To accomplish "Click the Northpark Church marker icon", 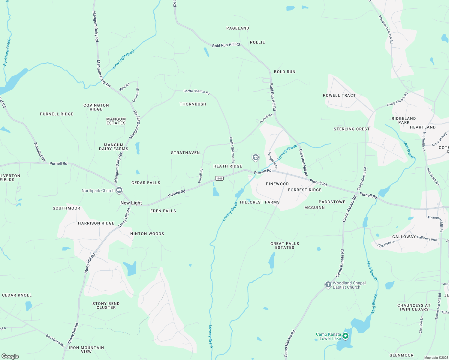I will [x=119, y=190].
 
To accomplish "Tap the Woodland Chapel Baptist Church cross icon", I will [x=328, y=284].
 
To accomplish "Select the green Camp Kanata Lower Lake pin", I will [x=345, y=336].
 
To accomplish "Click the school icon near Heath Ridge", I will [x=255, y=157].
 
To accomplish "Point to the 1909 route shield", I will [x=219, y=178].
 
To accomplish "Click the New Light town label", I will [x=131, y=203].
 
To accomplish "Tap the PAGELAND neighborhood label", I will [x=238, y=28].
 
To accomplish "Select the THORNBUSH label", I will [x=193, y=104].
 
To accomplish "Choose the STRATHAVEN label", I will [x=185, y=153].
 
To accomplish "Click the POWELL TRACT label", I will [x=339, y=95].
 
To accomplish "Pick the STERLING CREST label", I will [x=351, y=129].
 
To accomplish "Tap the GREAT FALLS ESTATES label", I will [x=285, y=245].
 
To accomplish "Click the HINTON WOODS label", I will [x=147, y=234].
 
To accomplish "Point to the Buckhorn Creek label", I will [x=7, y=52].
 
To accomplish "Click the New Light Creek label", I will [x=124, y=59].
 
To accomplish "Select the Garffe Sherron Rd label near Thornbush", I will [x=197, y=91].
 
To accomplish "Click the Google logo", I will [x=10, y=356].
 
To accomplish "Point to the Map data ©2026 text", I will [x=435, y=358].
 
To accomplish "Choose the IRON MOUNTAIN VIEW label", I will [x=86, y=349].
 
